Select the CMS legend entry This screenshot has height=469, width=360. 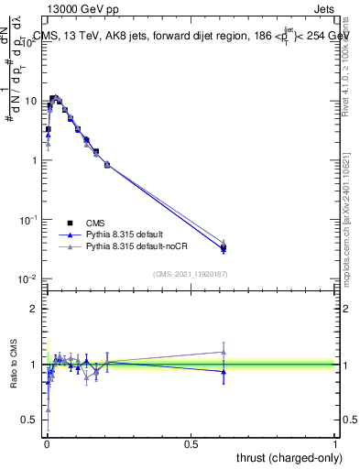pos(95,223)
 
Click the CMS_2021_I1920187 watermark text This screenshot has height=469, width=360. pos(189,274)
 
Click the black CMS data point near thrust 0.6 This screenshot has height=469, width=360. pos(224,247)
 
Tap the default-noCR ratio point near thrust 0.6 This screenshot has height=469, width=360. pos(224,352)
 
